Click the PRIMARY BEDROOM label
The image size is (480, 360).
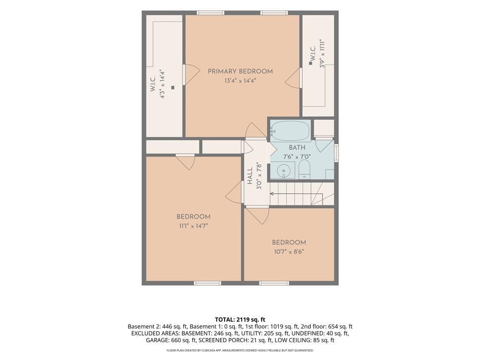(240, 71)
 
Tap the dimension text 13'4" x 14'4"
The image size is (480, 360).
(240, 81)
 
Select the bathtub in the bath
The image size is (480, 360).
(290, 131)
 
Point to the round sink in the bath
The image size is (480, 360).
(284, 171)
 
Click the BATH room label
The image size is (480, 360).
(297, 147)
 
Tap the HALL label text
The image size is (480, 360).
(250, 175)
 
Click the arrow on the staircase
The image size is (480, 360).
(296, 194)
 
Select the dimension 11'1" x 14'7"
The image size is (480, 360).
(194, 226)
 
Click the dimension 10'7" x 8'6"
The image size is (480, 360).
(289, 252)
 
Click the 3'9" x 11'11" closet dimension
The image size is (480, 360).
(322, 53)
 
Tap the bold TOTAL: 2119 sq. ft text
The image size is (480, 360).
(240, 320)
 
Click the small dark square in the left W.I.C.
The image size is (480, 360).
(172, 88)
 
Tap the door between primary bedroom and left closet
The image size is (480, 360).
(184, 75)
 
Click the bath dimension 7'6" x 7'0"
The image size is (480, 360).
(297, 157)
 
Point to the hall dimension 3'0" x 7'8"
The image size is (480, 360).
(259, 176)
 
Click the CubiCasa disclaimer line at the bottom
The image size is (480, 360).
(240, 350)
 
